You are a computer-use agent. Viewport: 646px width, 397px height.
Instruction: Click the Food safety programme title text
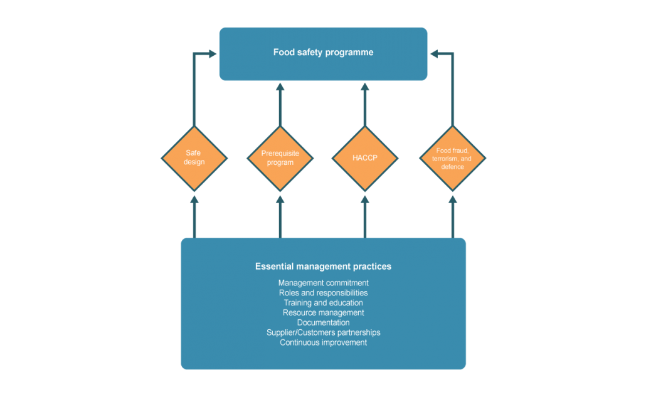click(x=323, y=53)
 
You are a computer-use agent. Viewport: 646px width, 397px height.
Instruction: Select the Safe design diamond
click(x=194, y=158)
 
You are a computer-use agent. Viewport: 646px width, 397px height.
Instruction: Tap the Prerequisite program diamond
click(x=280, y=158)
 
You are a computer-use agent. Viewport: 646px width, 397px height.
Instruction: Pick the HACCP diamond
click(x=365, y=158)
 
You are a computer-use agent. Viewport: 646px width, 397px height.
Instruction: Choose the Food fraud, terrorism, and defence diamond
click(x=452, y=158)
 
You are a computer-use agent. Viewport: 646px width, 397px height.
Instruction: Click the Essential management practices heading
click(x=323, y=267)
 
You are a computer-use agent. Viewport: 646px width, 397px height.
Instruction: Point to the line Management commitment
click(x=323, y=283)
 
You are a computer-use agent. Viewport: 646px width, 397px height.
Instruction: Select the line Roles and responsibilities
click(x=323, y=293)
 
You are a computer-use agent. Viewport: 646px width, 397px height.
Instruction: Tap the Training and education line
click(x=323, y=303)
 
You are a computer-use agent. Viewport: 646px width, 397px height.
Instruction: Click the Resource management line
click(x=323, y=313)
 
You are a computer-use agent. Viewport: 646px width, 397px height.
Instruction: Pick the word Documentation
click(x=323, y=322)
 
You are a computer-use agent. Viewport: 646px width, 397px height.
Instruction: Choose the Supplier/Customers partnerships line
click(x=323, y=332)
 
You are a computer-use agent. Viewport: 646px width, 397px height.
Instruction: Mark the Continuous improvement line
click(x=323, y=342)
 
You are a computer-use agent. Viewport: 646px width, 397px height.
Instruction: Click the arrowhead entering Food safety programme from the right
click(x=435, y=55)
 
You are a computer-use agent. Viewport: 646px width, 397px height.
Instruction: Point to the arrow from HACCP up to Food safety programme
click(x=365, y=103)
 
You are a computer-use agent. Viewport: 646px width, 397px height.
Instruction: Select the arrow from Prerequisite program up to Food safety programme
click(x=280, y=103)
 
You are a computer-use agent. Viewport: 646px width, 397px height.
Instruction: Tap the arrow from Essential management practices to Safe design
click(x=194, y=216)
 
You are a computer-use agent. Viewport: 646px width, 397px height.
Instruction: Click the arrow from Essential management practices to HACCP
click(x=365, y=216)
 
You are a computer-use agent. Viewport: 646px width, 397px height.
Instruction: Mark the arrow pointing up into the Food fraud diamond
click(x=452, y=216)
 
